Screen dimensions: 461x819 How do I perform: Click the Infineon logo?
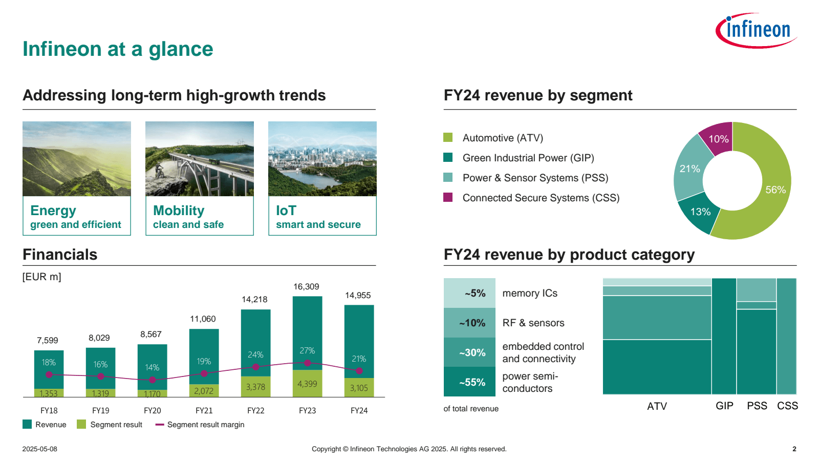[x=756, y=30]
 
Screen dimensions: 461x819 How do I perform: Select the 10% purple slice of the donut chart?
[x=718, y=139]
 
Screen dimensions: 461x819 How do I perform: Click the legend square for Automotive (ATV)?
[x=448, y=137]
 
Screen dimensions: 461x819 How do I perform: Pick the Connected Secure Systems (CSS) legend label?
[x=541, y=198]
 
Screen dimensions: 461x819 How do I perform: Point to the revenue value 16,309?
[x=306, y=287]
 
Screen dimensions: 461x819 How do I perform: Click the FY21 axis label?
[x=204, y=410]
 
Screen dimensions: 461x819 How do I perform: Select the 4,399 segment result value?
[x=307, y=384]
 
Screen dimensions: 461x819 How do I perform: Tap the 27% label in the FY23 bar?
[x=307, y=351]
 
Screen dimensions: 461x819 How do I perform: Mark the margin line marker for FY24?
[x=359, y=370]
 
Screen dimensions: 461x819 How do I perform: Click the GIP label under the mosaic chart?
[x=724, y=406]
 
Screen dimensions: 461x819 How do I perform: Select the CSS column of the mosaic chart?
[x=787, y=336]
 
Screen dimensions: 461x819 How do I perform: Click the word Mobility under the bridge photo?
[x=179, y=211]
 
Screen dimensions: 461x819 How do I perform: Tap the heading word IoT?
[x=286, y=211]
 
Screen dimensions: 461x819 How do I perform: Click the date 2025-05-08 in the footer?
[x=39, y=449]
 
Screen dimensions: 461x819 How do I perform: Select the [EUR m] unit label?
[x=41, y=277]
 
